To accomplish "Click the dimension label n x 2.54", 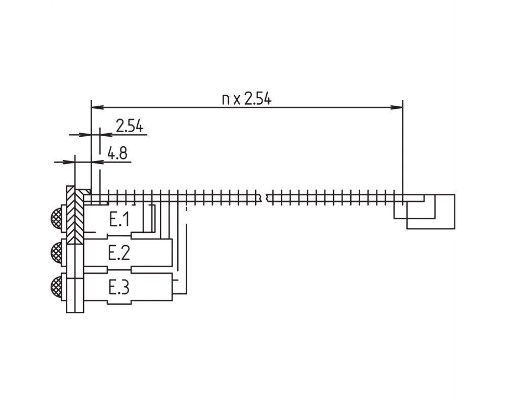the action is pos(247,99).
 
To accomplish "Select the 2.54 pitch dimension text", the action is pos(130,126).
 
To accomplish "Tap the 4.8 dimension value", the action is pos(117,153).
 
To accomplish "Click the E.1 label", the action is pos(119,220).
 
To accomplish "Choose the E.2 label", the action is pos(119,253).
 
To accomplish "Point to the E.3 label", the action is pos(119,288).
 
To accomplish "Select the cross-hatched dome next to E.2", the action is pos(56,252).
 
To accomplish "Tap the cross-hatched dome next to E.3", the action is pos(56,286).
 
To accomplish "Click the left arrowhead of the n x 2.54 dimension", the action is pos(97,107).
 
